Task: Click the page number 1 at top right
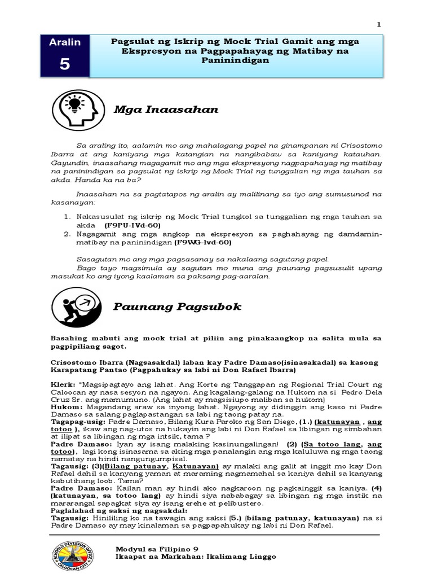[x=379, y=24]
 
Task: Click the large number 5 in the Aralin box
[x=65, y=64]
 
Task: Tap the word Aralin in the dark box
[x=65, y=42]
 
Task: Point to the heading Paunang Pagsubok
[x=177, y=306]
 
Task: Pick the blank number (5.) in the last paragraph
[x=230, y=517]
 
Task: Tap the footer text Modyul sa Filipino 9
[x=157, y=549]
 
